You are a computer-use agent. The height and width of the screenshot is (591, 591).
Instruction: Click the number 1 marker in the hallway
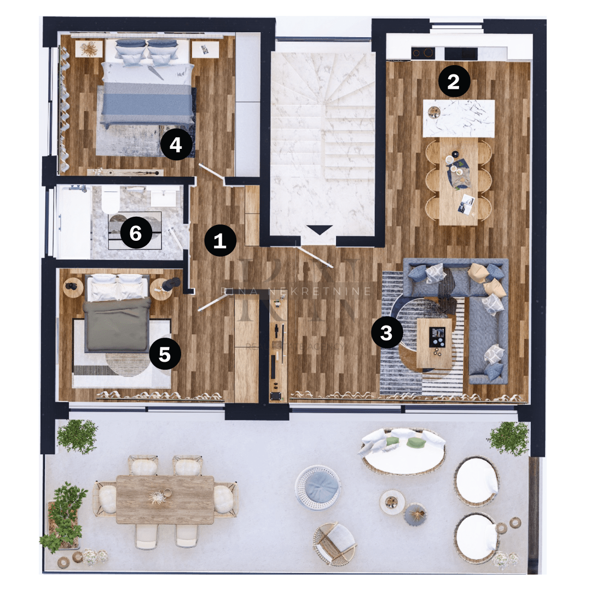pos(220,240)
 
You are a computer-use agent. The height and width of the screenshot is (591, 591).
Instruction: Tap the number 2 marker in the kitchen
pos(453,82)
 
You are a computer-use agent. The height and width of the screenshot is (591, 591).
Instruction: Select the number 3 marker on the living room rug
pos(386,332)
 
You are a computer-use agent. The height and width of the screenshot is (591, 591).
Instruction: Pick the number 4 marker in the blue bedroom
pos(176,144)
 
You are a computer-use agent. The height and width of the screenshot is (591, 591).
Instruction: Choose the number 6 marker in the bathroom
pos(135,234)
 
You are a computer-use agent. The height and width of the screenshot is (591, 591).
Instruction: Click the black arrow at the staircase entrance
pos(320,230)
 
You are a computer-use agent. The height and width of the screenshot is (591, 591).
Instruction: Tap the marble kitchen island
pos(459,118)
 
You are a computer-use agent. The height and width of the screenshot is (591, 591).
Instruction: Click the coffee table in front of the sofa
pos(434,343)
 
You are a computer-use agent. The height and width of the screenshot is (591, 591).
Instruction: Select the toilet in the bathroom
pos(111,199)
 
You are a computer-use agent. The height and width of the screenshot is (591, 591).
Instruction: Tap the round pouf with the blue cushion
pos(318,486)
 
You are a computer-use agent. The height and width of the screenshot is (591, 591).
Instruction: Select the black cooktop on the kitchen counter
pos(422,53)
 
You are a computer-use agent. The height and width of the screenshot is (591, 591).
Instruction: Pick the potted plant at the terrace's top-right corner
pos(508,438)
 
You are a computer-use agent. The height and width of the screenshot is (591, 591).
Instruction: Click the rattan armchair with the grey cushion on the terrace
pos(334,542)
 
